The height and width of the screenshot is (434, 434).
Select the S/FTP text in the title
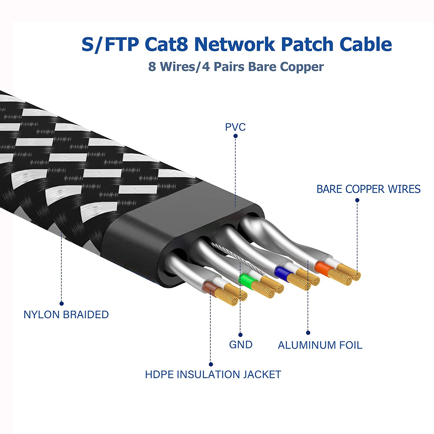pos(110,44)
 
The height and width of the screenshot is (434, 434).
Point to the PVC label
pos(235,127)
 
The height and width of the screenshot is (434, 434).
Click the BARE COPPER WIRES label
pos(368,189)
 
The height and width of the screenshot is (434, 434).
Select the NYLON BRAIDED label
pos(66,315)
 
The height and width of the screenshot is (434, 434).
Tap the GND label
pos(240,345)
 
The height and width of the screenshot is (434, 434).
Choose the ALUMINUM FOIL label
pos(320,345)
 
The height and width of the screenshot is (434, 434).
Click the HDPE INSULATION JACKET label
pos(213,375)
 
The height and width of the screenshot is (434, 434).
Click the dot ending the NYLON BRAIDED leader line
pos(61,304)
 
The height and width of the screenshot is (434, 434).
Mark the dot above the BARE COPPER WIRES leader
pos(357,200)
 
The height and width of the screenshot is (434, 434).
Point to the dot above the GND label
pos(240,335)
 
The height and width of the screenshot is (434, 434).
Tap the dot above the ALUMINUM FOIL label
pos(308,333)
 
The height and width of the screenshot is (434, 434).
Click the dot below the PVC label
pos(236,136)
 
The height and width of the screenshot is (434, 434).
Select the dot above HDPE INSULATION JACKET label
pos(211,364)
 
